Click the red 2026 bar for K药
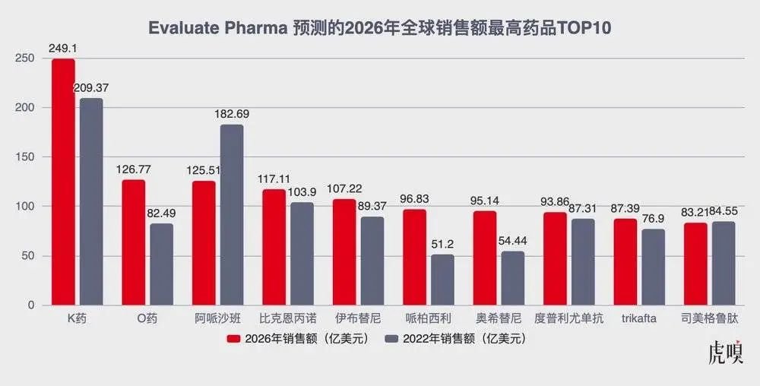tap(63, 182)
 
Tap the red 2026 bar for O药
tap(133, 242)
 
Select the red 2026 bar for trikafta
tap(625, 262)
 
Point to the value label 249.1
tap(63, 48)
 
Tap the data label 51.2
tap(443, 244)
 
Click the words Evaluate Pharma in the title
tap(203, 28)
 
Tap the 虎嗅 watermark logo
tap(725, 353)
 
